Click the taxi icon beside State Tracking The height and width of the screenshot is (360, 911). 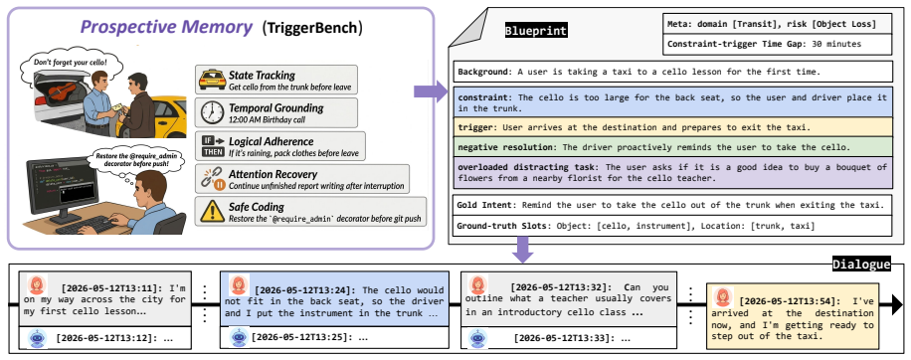click(x=212, y=80)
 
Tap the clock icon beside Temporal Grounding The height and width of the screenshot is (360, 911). click(x=212, y=112)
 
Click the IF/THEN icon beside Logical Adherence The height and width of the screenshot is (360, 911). click(x=212, y=146)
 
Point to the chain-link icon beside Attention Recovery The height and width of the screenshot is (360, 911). click(x=213, y=179)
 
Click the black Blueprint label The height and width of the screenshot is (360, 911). click(x=536, y=31)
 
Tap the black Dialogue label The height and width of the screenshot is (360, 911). click(x=861, y=265)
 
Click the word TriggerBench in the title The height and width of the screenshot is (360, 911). click(x=311, y=27)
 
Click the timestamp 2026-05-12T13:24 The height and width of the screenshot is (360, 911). click(x=305, y=290)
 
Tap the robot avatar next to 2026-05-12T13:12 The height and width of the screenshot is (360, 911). click(x=37, y=338)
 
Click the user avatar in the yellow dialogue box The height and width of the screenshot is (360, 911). click(x=723, y=296)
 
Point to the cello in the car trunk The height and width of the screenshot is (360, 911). click(x=61, y=91)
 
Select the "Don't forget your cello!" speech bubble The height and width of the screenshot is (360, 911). click(x=70, y=62)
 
